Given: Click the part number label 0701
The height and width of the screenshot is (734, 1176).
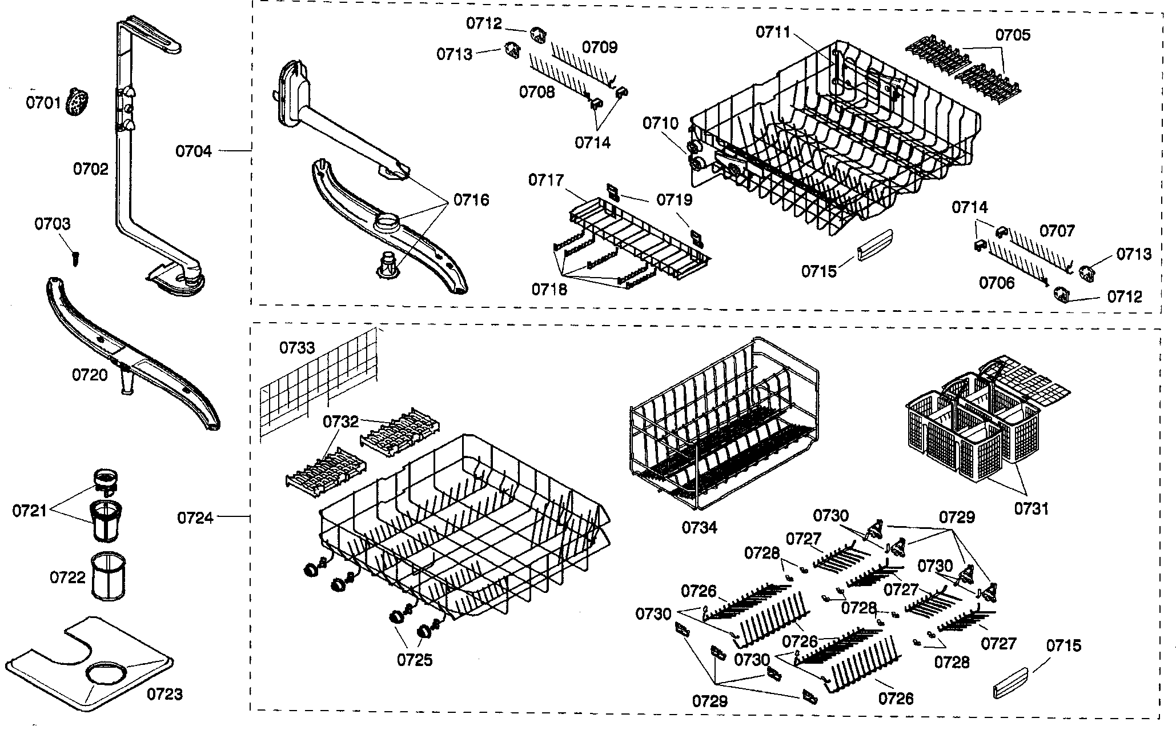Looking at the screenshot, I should pos(43,103).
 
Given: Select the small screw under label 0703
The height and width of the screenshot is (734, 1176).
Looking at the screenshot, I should pos(75,258).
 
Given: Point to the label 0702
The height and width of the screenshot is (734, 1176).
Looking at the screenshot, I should pos(90,169).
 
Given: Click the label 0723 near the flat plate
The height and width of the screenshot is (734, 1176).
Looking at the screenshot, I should pos(165,694).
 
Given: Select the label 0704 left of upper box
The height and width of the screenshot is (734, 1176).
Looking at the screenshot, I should pos(194,151).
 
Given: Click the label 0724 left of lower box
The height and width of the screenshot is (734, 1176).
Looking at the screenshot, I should pos(195,518).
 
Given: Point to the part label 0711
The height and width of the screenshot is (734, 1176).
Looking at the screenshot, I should pos(773,32).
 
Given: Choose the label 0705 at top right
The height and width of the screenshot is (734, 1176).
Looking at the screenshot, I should pos(1013,35).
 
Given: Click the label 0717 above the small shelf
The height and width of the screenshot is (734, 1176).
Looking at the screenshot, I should pos(545,181).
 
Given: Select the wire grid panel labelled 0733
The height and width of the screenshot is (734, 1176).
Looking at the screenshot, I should pos(320,383).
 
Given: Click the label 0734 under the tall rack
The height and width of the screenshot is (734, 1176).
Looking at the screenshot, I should pos(699,527).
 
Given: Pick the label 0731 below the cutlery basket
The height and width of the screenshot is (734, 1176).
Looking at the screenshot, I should pos(1031,508).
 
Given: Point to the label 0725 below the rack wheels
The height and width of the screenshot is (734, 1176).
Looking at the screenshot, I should pos(415,660).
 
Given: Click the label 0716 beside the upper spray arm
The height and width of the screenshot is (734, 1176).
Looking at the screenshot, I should pos(471,200).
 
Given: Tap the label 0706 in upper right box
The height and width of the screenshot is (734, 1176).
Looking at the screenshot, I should pos(997,283).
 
